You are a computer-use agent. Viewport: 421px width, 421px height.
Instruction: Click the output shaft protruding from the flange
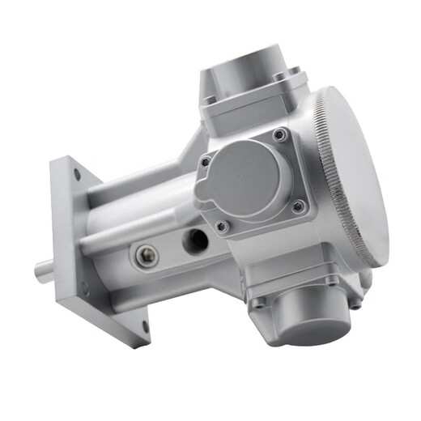(x=45, y=270)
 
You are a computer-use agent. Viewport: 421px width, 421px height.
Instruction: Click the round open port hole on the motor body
(x=195, y=240)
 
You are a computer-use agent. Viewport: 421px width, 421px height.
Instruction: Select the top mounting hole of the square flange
(x=76, y=172)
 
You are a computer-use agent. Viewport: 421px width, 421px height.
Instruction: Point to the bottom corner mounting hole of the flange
(x=145, y=327)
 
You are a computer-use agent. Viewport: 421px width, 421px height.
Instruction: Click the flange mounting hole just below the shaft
(x=84, y=287)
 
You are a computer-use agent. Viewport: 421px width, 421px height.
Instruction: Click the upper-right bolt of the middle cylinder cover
(x=279, y=134)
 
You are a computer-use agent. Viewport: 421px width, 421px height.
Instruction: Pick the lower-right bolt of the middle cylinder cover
(x=297, y=206)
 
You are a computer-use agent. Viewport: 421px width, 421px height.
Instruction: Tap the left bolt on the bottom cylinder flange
(x=258, y=304)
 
